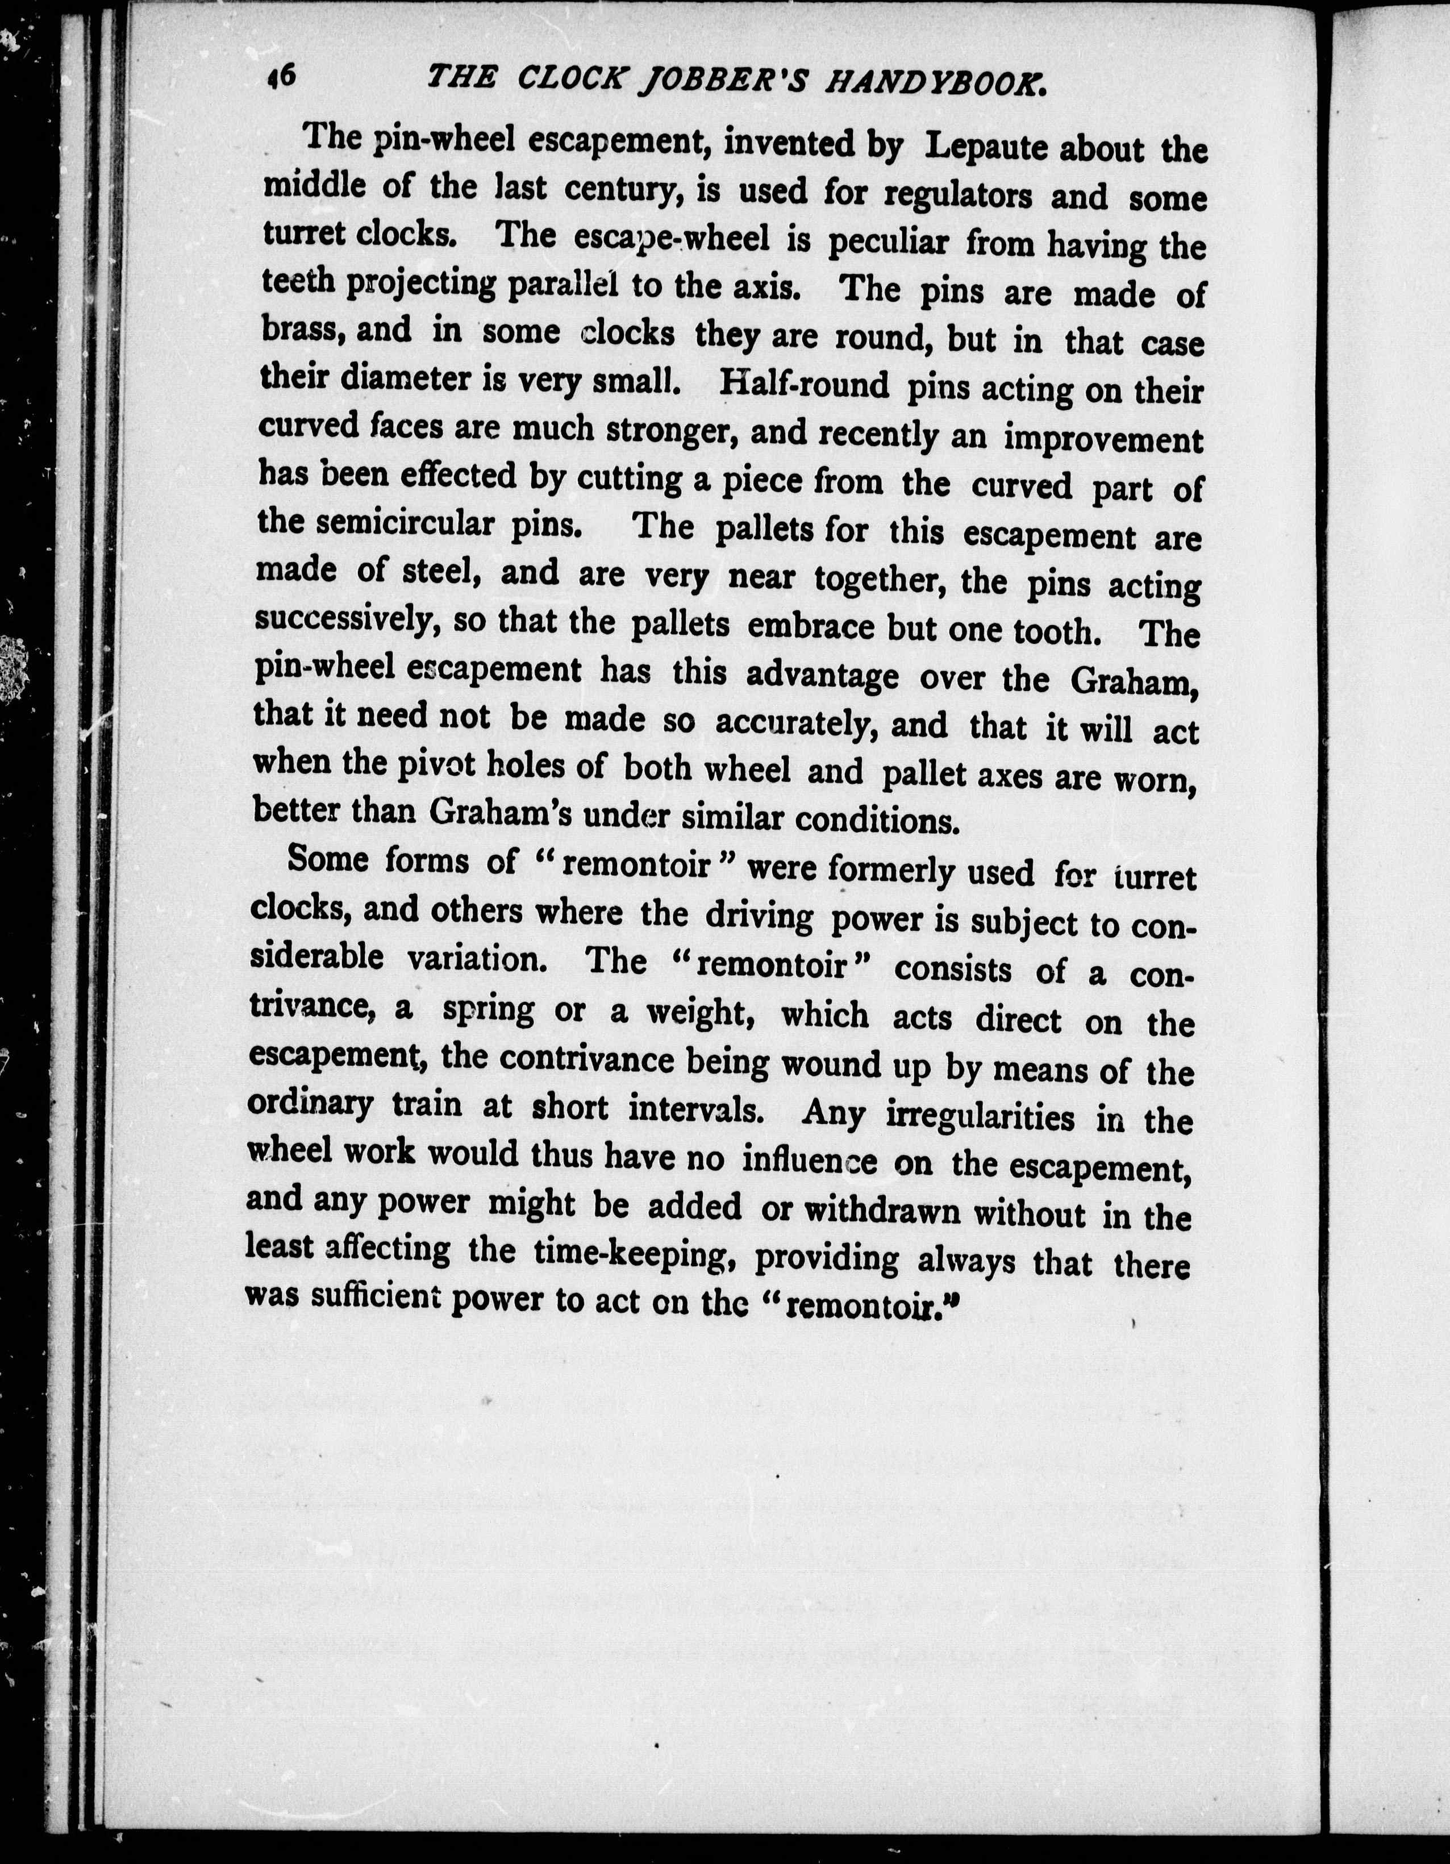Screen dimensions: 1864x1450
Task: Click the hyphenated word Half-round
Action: coord(804,385)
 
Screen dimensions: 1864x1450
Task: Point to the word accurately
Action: coord(797,724)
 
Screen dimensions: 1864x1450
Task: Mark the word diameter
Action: coord(405,377)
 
